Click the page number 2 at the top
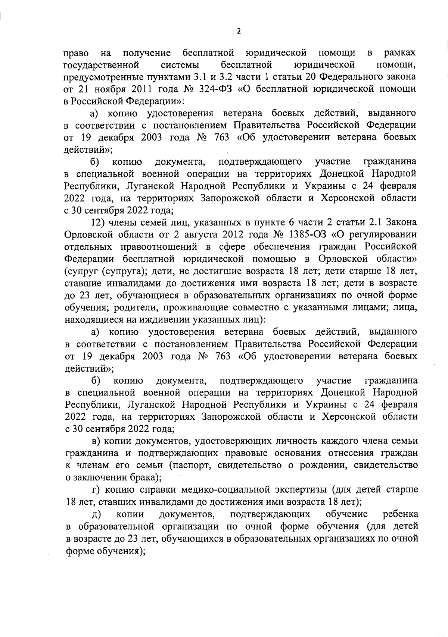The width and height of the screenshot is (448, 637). point(239,31)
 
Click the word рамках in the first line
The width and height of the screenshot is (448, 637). point(400,53)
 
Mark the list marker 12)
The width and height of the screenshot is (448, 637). point(98,222)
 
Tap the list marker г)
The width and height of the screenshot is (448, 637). point(96,489)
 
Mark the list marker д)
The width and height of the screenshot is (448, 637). point(97,514)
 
